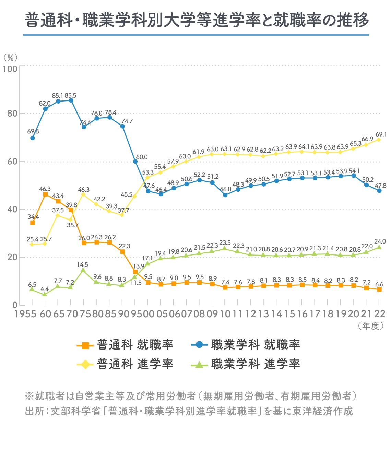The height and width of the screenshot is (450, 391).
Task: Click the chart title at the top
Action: [x=196, y=20]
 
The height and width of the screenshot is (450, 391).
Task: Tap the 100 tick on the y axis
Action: [x=10, y=69]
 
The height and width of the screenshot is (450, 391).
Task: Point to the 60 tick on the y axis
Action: [x=12, y=161]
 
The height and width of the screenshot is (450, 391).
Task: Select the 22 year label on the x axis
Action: [x=379, y=314]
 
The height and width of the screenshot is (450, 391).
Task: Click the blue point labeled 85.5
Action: [x=71, y=100]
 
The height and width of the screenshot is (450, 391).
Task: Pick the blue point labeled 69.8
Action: [x=33, y=138]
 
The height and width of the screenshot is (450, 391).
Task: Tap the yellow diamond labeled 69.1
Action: [x=379, y=140]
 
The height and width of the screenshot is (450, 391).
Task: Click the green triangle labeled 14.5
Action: [x=83, y=270]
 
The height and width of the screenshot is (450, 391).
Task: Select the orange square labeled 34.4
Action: [x=33, y=223]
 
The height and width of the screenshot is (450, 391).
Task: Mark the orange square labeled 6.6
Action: [x=379, y=289]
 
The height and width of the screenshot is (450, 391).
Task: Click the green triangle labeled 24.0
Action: [x=379, y=247]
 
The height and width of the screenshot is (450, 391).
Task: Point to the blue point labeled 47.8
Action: [x=379, y=191]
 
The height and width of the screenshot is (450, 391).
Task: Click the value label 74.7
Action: [x=127, y=121]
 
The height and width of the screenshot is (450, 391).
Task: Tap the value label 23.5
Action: [x=225, y=242]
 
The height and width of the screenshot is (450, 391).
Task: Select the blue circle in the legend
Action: [x=199, y=345]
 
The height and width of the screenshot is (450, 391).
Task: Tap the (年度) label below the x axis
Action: [x=371, y=326]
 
